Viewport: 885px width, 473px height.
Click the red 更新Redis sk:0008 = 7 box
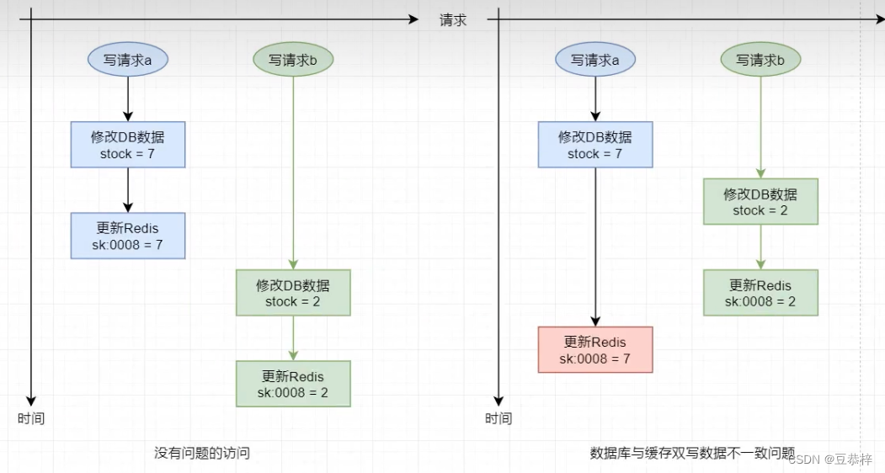(x=595, y=349)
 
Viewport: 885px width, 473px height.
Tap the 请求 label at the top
(x=453, y=20)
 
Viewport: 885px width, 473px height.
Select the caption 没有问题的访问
(x=202, y=453)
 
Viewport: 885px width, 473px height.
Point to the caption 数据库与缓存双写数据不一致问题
(x=692, y=453)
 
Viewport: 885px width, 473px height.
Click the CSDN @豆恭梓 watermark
(x=833, y=459)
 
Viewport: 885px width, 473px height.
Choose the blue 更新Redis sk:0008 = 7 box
(x=128, y=236)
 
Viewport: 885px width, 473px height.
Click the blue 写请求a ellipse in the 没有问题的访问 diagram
(x=128, y=60)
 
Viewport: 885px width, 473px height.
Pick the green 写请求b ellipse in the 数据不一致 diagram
(x=760, y=60)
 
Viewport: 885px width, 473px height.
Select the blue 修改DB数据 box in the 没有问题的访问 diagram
(x=128, y=144)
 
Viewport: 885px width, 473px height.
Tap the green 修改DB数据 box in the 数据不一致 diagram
(x=760, y=201)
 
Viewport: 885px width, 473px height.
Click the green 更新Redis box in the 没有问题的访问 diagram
(x=293, y=384)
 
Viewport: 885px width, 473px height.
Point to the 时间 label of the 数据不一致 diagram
(x=498, y=418)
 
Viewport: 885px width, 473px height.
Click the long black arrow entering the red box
(x=595, y=244)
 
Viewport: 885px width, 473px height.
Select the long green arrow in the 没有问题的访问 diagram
(x=293, y=168)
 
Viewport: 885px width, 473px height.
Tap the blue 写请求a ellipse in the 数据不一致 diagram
(x=595, y=60)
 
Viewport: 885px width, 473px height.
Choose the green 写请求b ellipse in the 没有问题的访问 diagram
(x=293, y=60)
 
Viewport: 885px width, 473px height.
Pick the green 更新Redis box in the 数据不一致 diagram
(x=760, y=292)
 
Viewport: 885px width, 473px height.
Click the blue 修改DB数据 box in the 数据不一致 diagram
(x=595, y=144)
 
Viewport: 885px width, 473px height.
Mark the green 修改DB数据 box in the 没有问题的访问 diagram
(x=293, y=292)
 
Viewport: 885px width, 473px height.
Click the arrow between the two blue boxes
(x=128, y=189)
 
